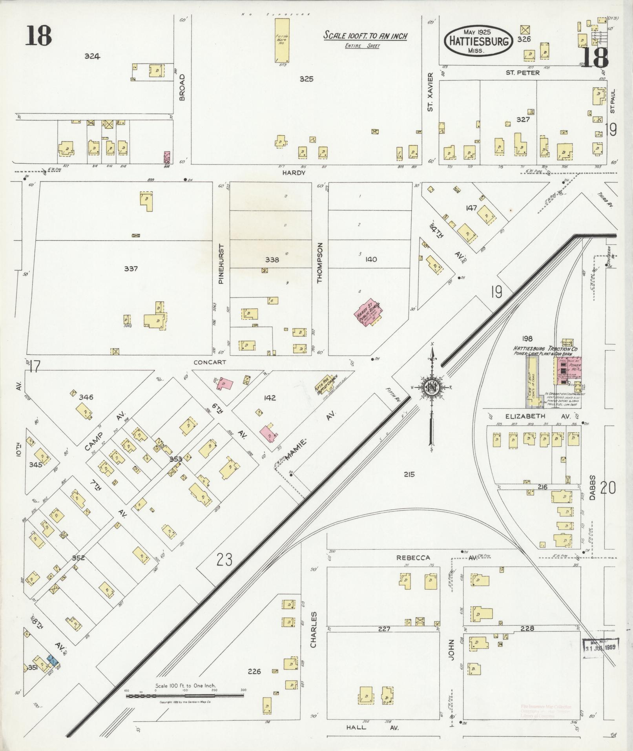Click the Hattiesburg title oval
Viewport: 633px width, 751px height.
pyautogui.click(x=478, y=41)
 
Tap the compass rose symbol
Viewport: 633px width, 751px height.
pyautogui.click(x=432, y=387)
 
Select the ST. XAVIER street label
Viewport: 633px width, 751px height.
pyautogui.click(x=431, y=91)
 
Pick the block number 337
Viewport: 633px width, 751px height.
pyautogui.click(x=131, y=269)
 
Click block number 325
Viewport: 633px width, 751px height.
pyautogui.click(x=306, y=79)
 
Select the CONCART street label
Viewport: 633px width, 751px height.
pyautogui.click(x=210, y=362)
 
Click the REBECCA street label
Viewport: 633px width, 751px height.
pyautogui.click(x=413, y=557)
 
